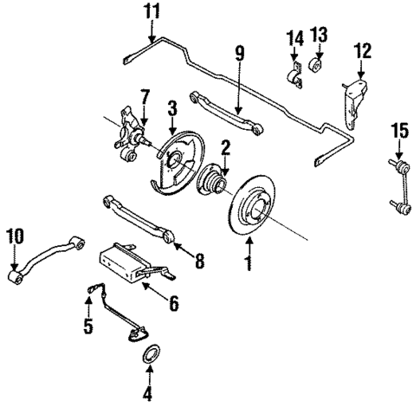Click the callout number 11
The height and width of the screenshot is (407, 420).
(x=152, y=11)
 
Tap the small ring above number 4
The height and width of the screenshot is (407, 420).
(x=149, y=356)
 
